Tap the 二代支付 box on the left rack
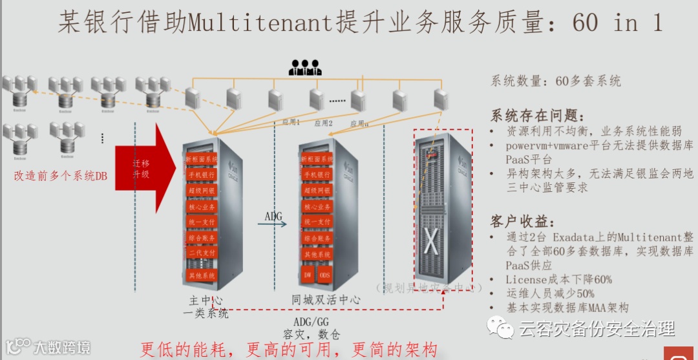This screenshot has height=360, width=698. coord(201,253)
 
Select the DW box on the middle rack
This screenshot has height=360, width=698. coord(308,275)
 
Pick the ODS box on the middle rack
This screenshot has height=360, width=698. coord(325,275)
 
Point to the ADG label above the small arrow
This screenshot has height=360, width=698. coord(273,216)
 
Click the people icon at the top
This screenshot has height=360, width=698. coord(305,67)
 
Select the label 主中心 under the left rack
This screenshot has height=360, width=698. coord(206,301)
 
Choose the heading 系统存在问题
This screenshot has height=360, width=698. coord(538,116)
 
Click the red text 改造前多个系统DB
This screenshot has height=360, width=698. coord(61,175)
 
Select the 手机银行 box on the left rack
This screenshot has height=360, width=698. coord(201,175)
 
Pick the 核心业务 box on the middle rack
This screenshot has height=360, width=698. coord(317,207)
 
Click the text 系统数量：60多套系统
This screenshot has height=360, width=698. coord(555,81)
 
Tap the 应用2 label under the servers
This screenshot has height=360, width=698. coord(323,123)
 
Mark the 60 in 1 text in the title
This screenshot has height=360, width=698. coord(617,23)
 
